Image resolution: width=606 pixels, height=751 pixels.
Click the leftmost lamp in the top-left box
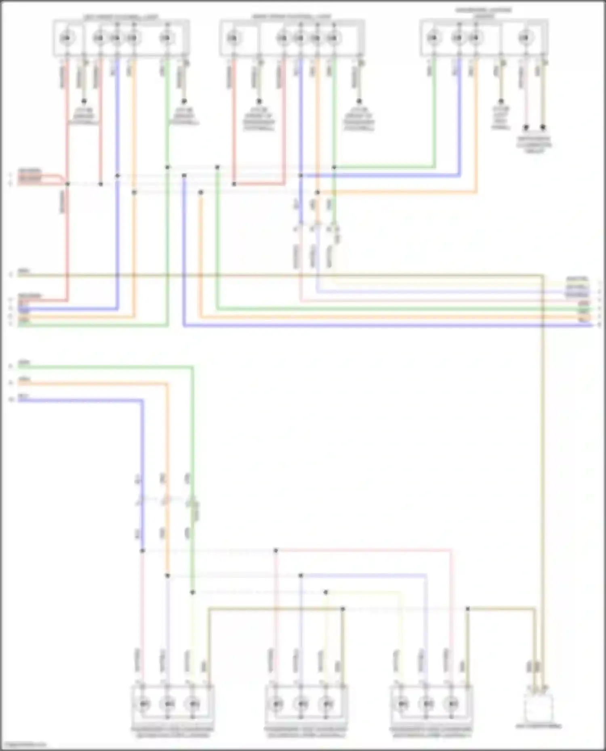click(x=65, y=38)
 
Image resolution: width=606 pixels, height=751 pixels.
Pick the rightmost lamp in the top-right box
click(x=524, y=38)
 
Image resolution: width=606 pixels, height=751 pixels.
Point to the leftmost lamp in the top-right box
click(x=433, y=38)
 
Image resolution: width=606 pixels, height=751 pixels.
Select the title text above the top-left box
click(x=121, y=17)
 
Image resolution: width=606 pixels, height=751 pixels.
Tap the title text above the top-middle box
click(x=292, y=17)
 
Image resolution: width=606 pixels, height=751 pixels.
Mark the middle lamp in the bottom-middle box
click(x=301, y=704)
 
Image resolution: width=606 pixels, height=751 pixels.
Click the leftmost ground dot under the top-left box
click(x=84, y=101)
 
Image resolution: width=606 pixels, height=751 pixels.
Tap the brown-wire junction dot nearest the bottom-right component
click(x=467, y=609)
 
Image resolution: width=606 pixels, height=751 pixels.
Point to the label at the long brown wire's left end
click(x=23, y=271)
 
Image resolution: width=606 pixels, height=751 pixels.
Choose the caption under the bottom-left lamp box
click(x=173, y=732)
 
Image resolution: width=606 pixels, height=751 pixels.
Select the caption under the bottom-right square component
click(x=539, y=726)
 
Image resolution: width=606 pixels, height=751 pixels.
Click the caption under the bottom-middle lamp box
click(x=306, y=732)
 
